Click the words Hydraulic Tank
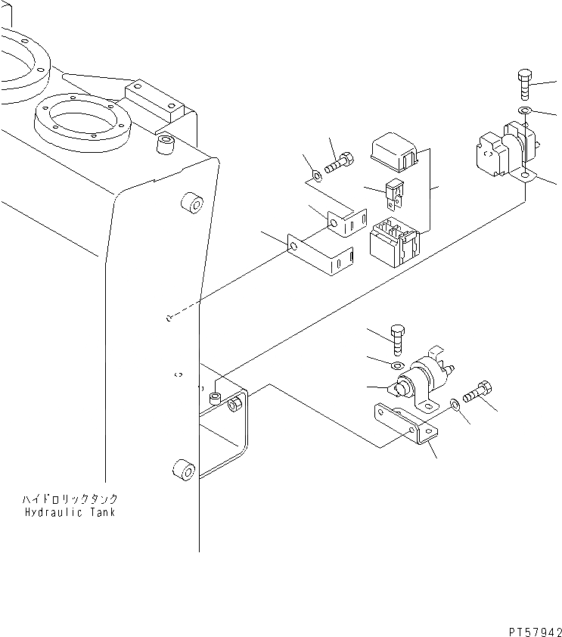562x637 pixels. pos(70,512)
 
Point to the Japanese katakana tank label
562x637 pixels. pos(70,500)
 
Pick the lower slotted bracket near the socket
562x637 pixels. pos(321,256)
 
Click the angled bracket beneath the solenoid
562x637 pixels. pos(408,428)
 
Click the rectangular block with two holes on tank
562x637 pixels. pos(155,99)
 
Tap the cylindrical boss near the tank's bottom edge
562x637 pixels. pos(183,474)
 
